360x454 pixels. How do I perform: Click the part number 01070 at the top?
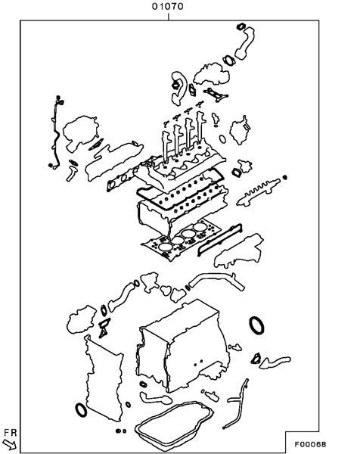pos(168,6)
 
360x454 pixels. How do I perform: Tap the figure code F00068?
pos(310,444)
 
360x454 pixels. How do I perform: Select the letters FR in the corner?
pos(11,433)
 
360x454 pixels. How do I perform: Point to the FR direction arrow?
pos(10,445)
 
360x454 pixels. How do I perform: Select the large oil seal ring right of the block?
pos(256,325)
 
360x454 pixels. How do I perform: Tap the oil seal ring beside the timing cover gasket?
pos(81,409)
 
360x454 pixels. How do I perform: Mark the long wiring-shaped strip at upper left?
pos(54,133)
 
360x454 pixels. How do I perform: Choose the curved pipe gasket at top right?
pos(245,43)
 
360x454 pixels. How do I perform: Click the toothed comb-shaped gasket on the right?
pos(258,192)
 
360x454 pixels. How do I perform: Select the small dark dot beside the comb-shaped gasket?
pos(285,177)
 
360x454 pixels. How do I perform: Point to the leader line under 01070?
pos(168,17)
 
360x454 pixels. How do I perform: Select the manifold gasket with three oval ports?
pos(119,180)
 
